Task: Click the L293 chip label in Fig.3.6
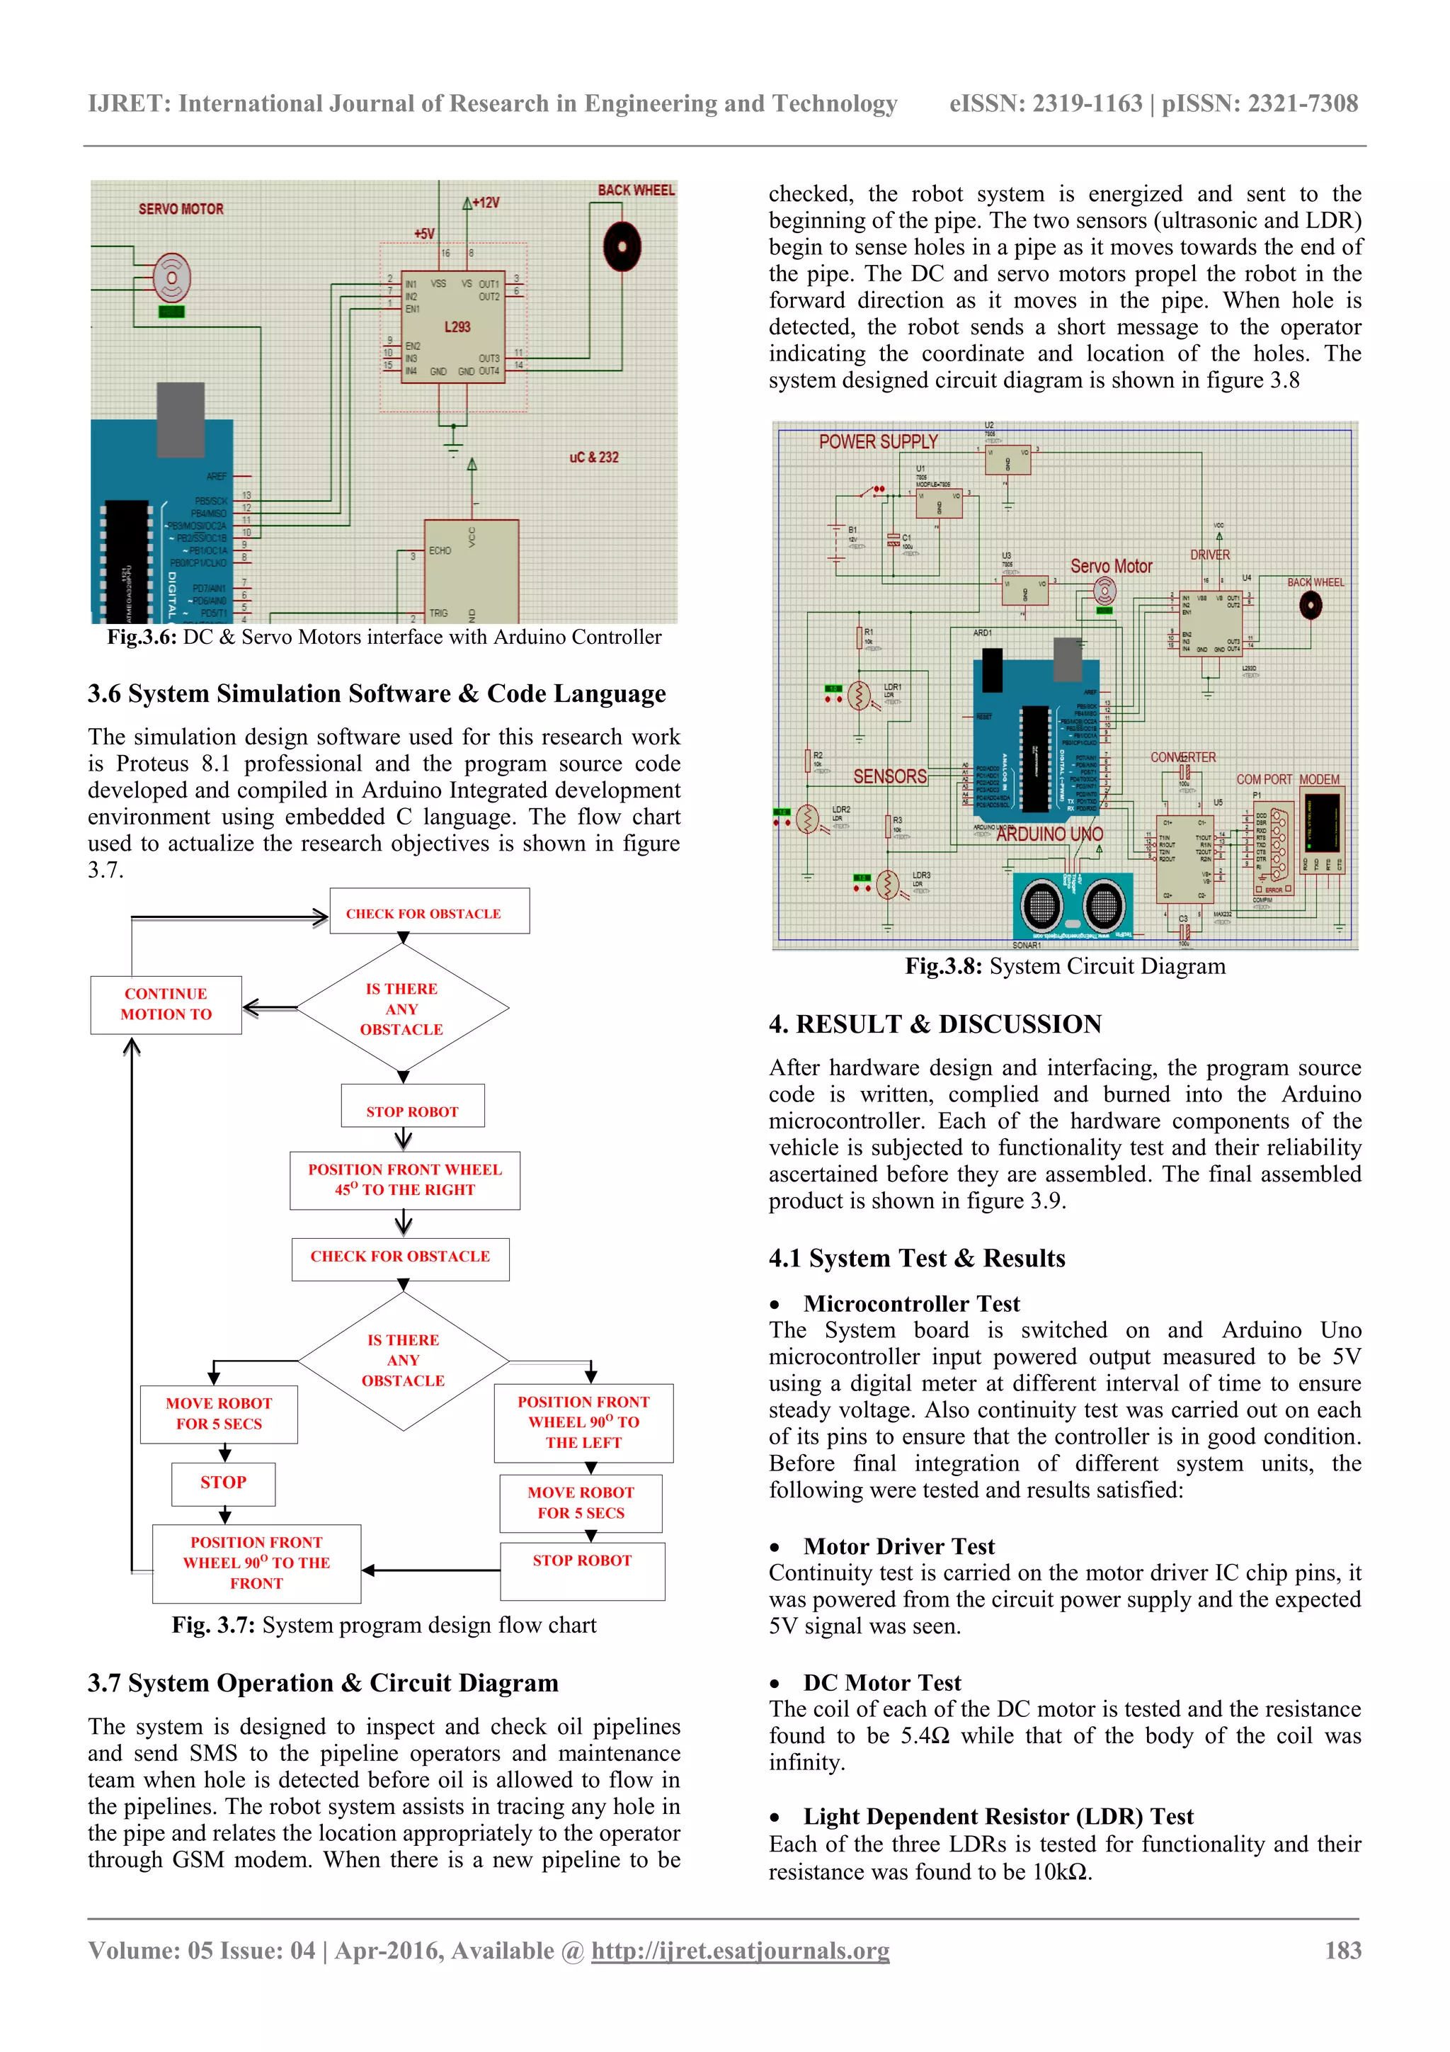pyautogui.click(x=457, y=327)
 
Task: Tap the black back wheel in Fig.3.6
pyautogui.click(x=622, y=246)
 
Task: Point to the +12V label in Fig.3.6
pyautogui.click(x=485, y=203)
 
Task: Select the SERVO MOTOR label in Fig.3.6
pyautogui.click(x=181, y=209)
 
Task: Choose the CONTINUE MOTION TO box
pyautogui.click(x=166, y=1004)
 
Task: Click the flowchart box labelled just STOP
pyautogui.click(x=223, y=1483)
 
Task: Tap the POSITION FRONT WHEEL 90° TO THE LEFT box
pyautogui.click(x=583, y=1422)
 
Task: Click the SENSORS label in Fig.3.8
pyautogui.click(x=889, y=776)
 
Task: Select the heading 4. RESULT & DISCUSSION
pyautogui.click(x=935, y=1024)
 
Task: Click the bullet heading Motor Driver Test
pyautogui.click(x=898, y=1546)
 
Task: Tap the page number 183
pyautogui.click(x=1343, y=1950)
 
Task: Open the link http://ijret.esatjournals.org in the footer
pyautogui.click(x=740, y=1950)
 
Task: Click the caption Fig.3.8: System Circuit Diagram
pyautogui.click(x=1065, y=966)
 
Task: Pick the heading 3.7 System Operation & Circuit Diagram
pyautogui.click(x=323, y=1683)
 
